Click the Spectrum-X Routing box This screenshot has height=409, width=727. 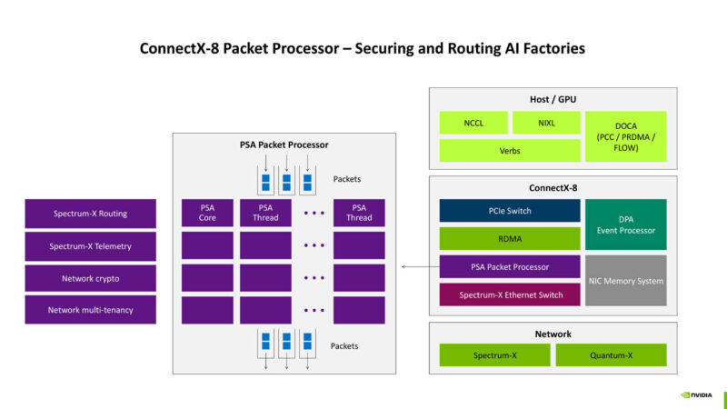(x=90, y=214)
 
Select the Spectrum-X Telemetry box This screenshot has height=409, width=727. (x=90, y=246)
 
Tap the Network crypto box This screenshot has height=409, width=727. (x=90, y=278)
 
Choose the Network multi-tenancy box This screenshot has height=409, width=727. (x=90, y=310)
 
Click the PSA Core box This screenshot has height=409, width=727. (x=207, y=213)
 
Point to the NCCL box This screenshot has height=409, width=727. (x=473, y=123)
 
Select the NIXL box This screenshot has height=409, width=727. (x=545, y=123)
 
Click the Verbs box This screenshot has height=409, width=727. (x=509, y=150)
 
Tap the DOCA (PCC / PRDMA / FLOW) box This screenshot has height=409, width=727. (x=625, y=136)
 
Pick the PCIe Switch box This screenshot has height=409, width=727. (x=509, y=211)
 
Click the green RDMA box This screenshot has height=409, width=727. (x=509, y=238)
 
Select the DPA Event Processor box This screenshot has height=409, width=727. (x=625, y=224)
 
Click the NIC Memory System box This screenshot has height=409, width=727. (x=625, y=281)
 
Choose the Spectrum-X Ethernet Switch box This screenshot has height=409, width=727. (x=509, y=294)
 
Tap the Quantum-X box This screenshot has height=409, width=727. (x=611, y=354)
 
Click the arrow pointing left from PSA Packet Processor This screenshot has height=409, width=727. (x=416, y=266)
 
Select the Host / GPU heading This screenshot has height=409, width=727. (x=553, y=99)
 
